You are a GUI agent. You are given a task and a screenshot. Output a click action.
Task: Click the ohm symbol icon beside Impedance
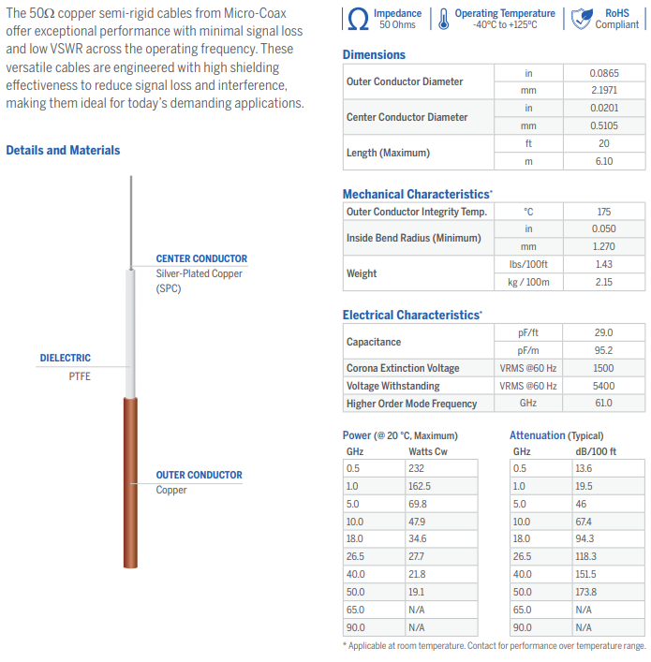358,19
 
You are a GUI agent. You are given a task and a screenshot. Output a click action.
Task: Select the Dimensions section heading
374,55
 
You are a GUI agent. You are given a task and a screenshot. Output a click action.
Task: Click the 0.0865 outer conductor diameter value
603,72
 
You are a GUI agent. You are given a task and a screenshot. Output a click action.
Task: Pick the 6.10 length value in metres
603,161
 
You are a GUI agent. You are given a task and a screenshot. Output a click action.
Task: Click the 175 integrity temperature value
603,212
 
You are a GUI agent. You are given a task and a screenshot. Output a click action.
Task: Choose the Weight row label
362,273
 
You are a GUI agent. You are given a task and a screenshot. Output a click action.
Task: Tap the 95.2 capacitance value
603,350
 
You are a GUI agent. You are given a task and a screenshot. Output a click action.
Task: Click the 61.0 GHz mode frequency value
603,404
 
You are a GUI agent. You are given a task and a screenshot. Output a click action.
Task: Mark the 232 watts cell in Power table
417,468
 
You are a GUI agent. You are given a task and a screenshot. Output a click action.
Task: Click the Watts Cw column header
429,450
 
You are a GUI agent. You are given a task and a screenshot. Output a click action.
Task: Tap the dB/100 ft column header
596,450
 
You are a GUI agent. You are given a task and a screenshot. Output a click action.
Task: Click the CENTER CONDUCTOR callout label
201,258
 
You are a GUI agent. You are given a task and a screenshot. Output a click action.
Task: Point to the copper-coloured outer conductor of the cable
130,482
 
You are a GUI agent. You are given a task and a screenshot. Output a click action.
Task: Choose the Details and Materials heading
63,150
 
